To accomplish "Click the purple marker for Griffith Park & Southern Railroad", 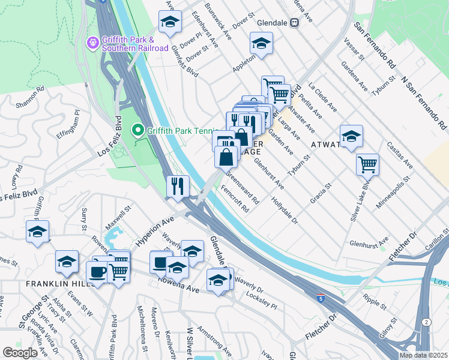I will (92, 43).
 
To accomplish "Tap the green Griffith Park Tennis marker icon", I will (137, 130).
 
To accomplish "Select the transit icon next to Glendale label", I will (294, 23).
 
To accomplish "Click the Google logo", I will (20, 353).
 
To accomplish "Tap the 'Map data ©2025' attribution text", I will (423, 355).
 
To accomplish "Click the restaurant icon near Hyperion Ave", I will (177, 185).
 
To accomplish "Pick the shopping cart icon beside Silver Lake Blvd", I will (367, 164).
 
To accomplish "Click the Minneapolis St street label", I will (390, 190).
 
